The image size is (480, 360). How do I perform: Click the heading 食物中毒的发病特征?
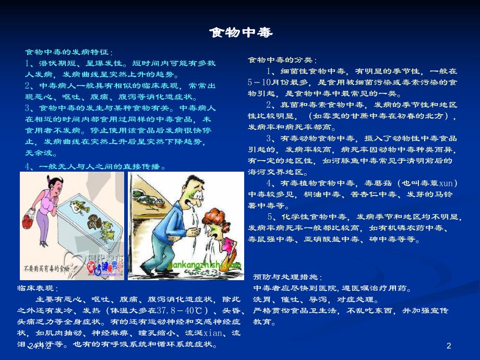coord(68,52)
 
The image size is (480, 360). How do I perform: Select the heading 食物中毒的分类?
coord(282,60)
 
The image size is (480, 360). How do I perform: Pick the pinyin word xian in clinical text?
coord(213,333)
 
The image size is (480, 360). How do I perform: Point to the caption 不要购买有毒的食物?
coord(46,270)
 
